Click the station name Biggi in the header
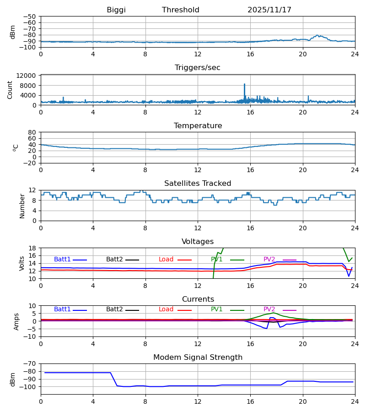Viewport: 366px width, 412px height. (x=116, y=10)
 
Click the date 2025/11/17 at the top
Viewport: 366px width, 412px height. (x=269, y=10)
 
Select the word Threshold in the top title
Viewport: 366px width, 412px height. (x=181, y=10)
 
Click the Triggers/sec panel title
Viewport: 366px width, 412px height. (x=198, y=68)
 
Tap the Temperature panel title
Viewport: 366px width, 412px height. (x=198, y=126)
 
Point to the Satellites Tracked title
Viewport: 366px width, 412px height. (x=198, y=184)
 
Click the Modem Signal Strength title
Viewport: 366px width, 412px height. (x=198, y=358)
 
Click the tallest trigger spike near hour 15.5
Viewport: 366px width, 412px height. (x=244, y=84)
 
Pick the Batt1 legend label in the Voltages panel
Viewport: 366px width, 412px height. (x=62, y=260)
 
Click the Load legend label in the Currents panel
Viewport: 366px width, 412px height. (x=166, y=309)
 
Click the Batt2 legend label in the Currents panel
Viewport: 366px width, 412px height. (x=114, y=309)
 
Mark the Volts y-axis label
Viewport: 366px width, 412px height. (x=22, y=263)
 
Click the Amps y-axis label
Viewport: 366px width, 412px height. (x=17, y=321)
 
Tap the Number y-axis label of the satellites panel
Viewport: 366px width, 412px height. (x=22, y=206)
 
